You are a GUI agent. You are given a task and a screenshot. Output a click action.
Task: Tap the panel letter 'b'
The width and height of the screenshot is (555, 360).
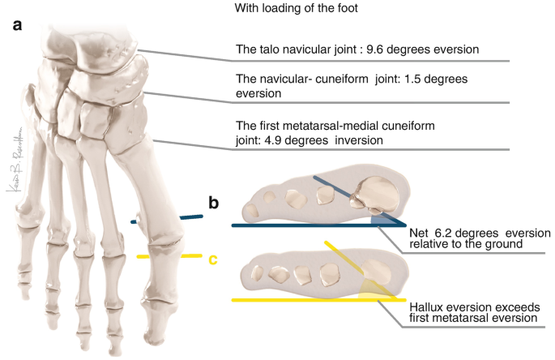point(215,203)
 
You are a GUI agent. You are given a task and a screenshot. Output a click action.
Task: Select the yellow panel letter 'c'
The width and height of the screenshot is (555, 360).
point(213,260)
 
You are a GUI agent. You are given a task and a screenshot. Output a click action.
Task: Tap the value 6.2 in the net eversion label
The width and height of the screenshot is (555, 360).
point(442,230)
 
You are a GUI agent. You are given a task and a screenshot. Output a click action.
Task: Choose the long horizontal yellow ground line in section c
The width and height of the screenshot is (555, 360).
point(308,300)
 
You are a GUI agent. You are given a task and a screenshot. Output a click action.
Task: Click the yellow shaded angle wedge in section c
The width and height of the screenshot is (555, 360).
point(374,288)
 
